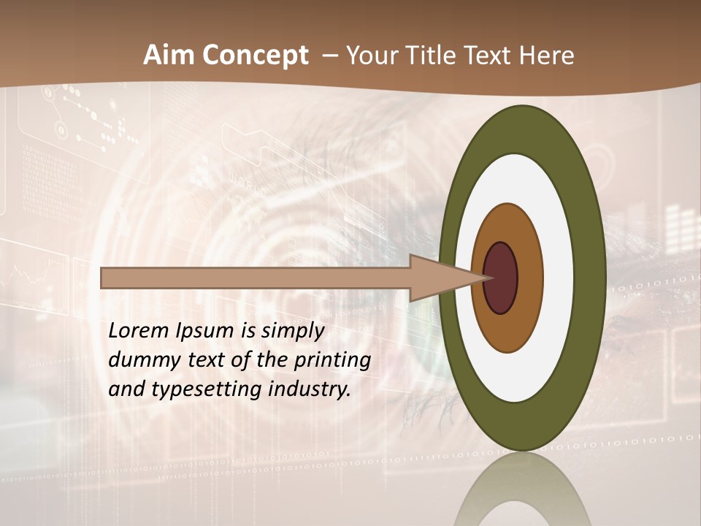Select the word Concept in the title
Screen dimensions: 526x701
(254, 56)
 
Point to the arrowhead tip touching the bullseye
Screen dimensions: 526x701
(488, 278)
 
